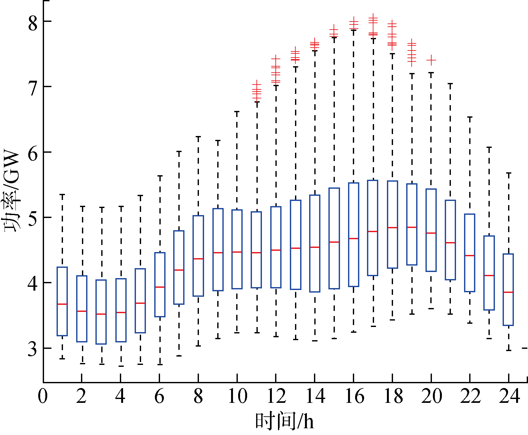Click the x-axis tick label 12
(276, 396)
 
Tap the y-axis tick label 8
(33, 23)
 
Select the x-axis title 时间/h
(284, 421)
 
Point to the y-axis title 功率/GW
(12, 191)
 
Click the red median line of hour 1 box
(62, 304)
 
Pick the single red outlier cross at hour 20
(431, 60)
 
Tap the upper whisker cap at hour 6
(160, 176)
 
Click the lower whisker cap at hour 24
(508, 350)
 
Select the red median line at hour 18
(392, 228)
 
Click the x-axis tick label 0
(43, 396)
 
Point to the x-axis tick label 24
(509, 396)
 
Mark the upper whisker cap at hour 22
(470, 117)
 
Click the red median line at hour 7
(179, 270)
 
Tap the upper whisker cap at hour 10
(237, 112)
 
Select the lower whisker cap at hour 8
(198, 346)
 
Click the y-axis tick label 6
(33, 154)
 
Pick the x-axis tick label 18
(393, 396)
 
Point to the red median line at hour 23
(489, 276)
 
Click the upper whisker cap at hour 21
(450, 84)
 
